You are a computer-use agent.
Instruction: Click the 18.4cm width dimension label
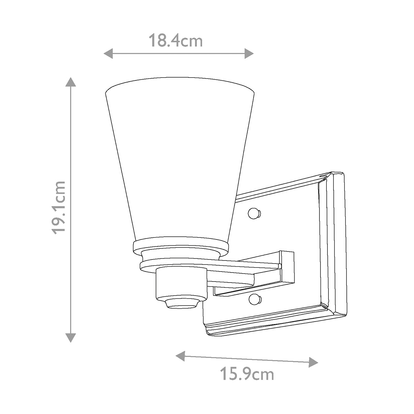(175, 41)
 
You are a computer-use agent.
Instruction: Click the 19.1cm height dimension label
(57, 208)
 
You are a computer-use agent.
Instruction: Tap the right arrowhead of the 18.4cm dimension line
(249, 53)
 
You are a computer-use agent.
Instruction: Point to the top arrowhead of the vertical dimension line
(71, 82)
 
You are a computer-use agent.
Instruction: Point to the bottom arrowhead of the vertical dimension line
(71, 337)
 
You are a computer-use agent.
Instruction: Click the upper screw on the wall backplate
(254, 213)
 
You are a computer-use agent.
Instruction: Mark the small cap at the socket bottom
(181, 304)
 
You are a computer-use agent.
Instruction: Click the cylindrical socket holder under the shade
(180, 283)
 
